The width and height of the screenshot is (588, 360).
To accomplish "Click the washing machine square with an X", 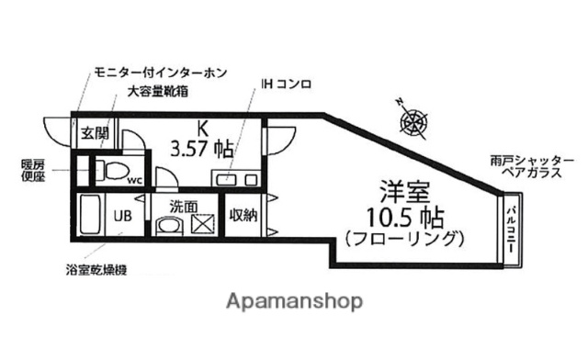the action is (x=202, y=223).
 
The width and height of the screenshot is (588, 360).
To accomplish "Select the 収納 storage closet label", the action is (x=243, y=215).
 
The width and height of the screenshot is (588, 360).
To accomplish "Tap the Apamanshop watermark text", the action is (x=293, y=301).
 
